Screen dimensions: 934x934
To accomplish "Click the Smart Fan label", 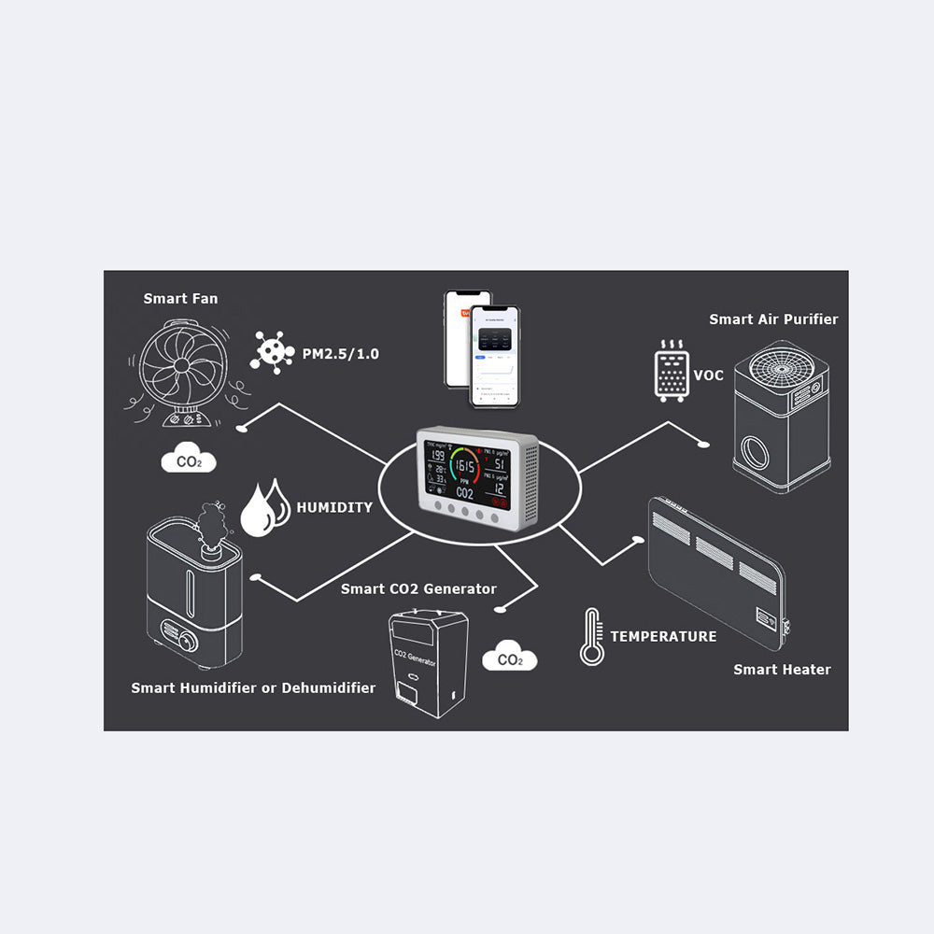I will point(180,299).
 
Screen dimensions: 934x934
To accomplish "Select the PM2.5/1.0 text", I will point(341,354).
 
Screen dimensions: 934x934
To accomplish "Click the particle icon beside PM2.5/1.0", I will point(272,352).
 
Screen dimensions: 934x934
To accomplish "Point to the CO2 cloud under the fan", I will point(189,460).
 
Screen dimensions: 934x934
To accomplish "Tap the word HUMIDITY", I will point(334,508).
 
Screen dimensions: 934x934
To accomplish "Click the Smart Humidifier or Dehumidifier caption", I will point(253,688).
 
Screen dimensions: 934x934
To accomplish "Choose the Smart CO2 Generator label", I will point(418,588).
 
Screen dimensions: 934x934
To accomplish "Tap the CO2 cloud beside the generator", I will point(509,658).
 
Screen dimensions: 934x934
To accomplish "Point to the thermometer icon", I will point(590,636).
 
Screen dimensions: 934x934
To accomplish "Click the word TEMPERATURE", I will point(663,636).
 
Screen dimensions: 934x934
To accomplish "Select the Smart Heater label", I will point(782,670).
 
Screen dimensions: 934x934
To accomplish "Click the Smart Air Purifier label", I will point(773,319).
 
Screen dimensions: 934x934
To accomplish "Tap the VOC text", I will point(708,375).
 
